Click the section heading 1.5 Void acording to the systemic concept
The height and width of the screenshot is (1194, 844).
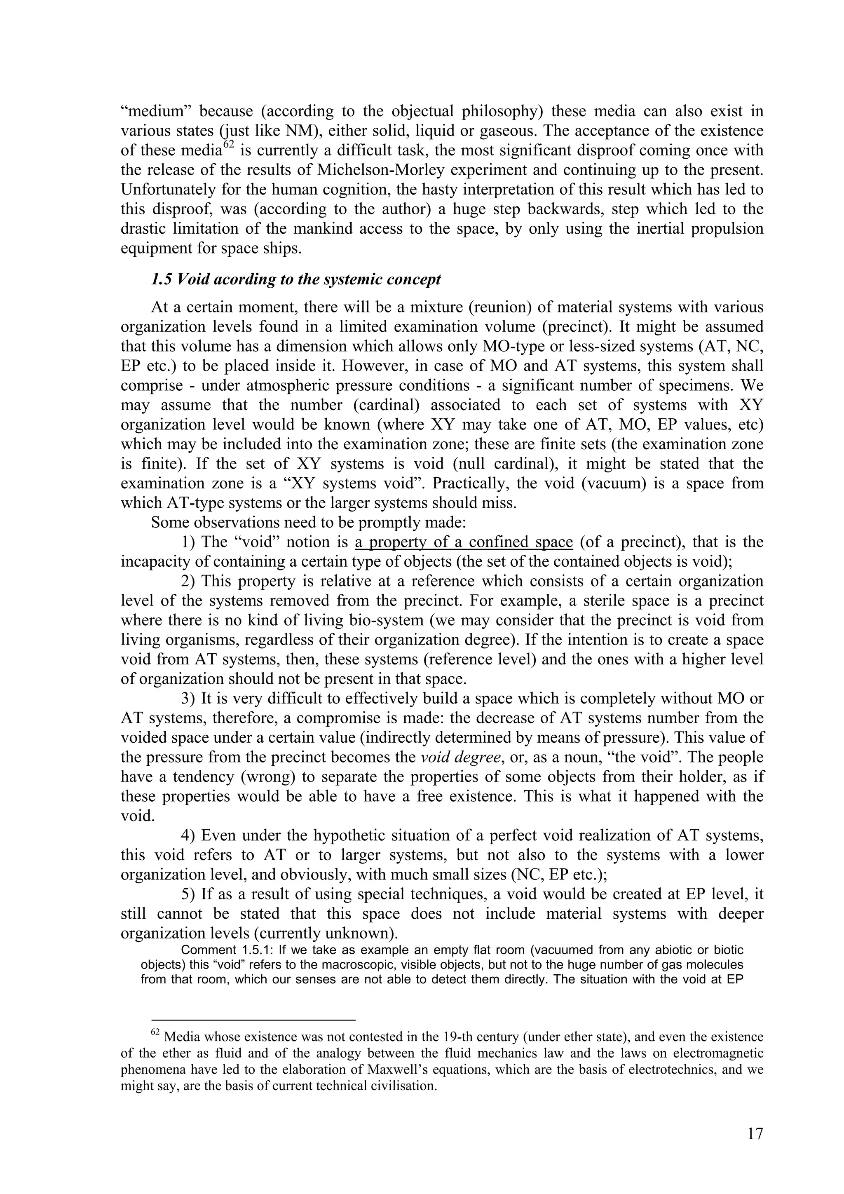[295, 279]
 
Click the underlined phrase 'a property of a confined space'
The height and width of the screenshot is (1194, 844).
[464, 542]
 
